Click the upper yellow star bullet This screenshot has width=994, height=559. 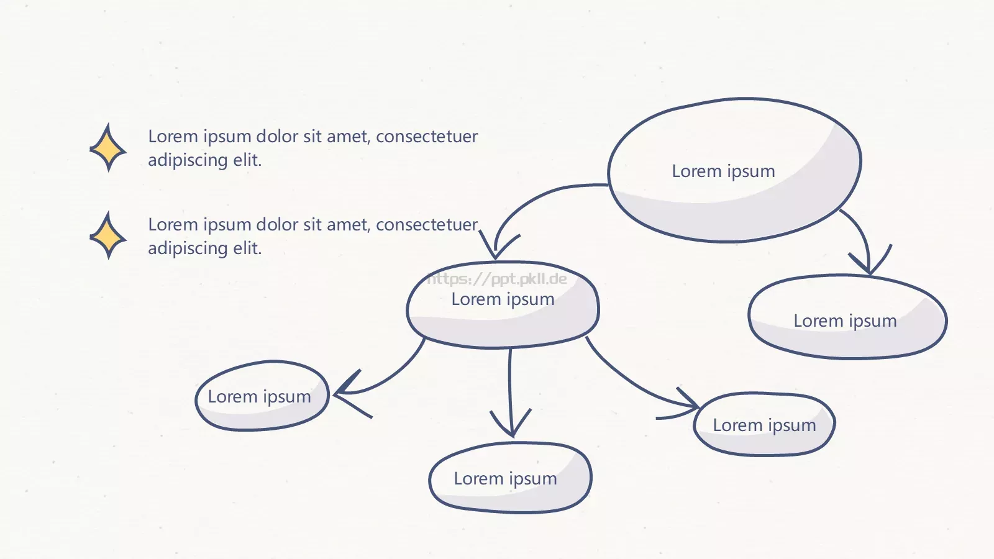coord(108,148)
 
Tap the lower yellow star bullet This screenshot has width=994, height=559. coord(108,236)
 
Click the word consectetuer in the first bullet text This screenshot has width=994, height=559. coord(426,136)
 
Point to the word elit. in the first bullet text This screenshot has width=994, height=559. coord(248,160)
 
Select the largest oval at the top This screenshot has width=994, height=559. coord(734,170)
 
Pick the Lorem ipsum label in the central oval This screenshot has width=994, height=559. coord(503,299)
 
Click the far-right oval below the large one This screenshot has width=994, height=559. coord(847,317)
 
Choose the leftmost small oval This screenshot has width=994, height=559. coord(262,396)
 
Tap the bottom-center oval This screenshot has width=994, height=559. coord(510,478)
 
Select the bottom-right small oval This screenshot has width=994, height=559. coord(764,424)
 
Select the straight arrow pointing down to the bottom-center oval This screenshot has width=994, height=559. coord(510,391)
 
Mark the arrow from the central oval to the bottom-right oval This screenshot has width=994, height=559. coord(634,385)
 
